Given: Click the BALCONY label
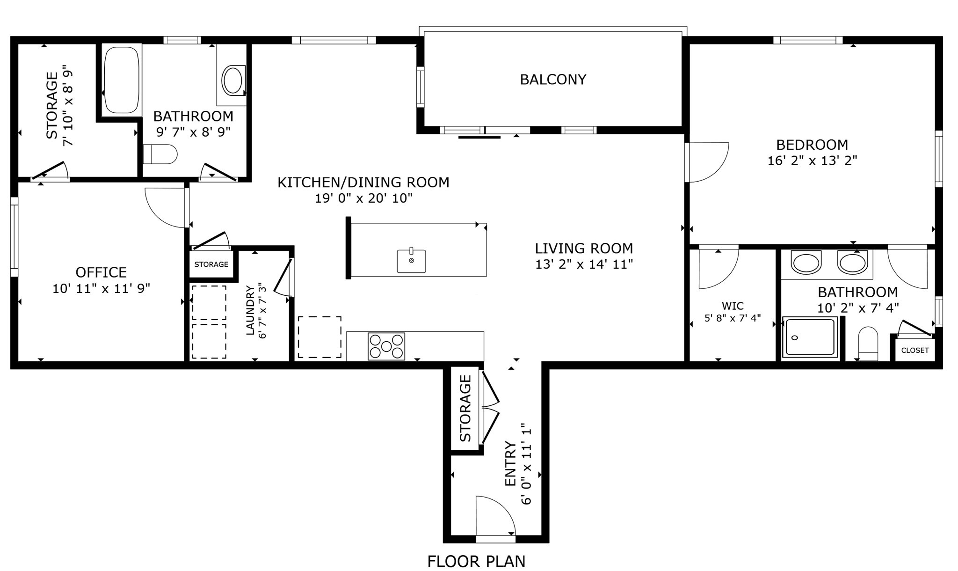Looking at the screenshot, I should click(x=553, y=80).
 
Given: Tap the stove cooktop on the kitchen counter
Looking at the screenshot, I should click(x=386, y=346).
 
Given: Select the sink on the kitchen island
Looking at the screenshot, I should click(x=411, y=261).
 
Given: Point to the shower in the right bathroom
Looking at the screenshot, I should click(x=811, y=337).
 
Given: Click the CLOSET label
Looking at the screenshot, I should click(x=914, y=350).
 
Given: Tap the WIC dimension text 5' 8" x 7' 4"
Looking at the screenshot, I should click(x=733, y=318).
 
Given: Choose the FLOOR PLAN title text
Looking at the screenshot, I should click(x=476, y=561).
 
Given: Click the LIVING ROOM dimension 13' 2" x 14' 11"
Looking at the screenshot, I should click(x=584, y=264).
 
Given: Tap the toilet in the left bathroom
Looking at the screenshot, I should click(x=160, y=154).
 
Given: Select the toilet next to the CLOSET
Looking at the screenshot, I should click(x=868, y=344).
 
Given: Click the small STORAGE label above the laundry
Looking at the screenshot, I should click(x=211, y=264).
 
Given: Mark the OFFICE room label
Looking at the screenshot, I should click(x=101, y=272).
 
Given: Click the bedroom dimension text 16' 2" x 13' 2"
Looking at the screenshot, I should click(x=812, y=161).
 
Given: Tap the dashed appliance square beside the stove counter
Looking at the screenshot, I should click(x=319, y=337).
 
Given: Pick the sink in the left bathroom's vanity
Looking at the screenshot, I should click(x=232, y=81).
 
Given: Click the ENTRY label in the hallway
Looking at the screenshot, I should click(x=509, y=463).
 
